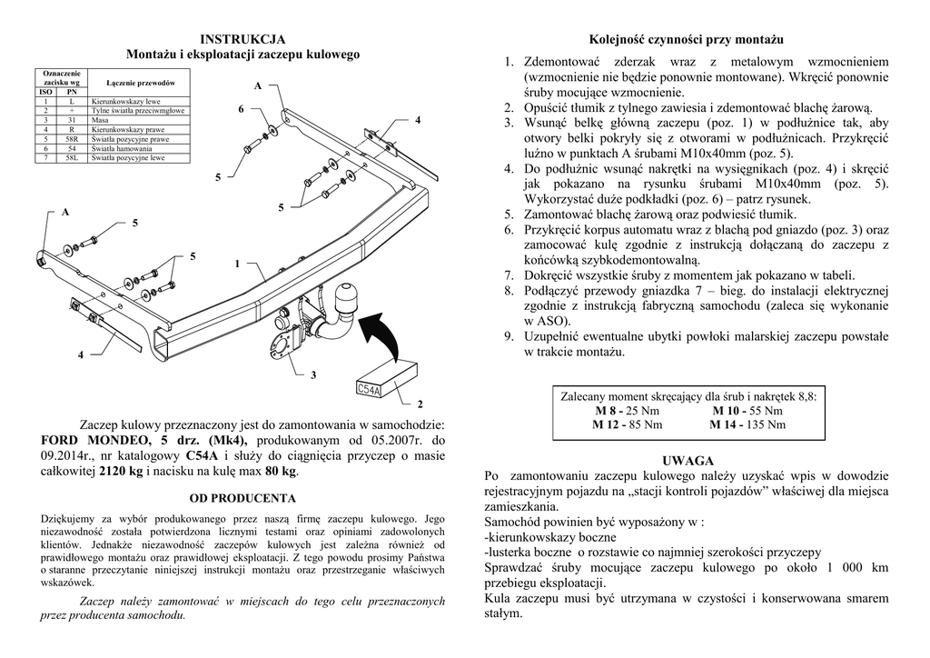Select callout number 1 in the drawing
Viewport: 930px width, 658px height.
pyautogui.click(x=237, y=264)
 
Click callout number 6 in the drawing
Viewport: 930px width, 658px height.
pyautogui.click(x=242, y=109)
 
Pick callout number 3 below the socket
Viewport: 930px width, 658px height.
pyautogui.click(x=313, y=374)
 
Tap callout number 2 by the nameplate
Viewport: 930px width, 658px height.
pyautogui.click(x=420, y=403)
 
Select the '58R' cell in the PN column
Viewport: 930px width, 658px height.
pyautogui.click(x=72, y=139)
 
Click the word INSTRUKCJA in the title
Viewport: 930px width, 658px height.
pyautogui.click(x=242, y=39)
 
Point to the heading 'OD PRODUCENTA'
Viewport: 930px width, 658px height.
pyautogui.click(x=242, y=498)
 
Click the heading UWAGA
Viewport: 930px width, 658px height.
pyautogui.click(x=688, y=461)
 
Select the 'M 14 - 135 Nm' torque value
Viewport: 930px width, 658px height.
pyautogui.click(x=747, y=424)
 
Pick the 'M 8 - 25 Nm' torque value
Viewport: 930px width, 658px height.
pyautogui.click(x=626, y=411)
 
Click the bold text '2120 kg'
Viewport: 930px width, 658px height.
pyautogui.click(x=123, y=471)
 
